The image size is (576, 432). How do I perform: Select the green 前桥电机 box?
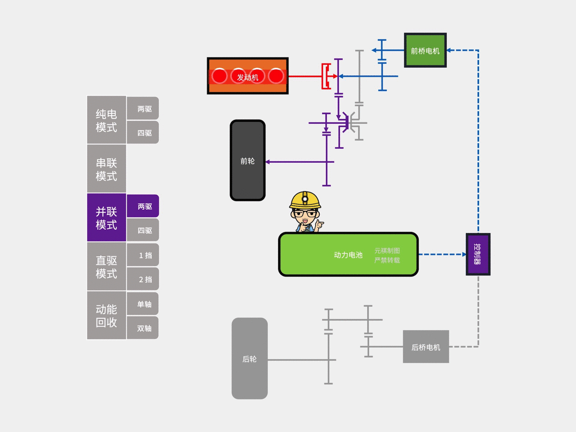point(425,50)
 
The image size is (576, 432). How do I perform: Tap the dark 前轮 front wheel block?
point(248,161)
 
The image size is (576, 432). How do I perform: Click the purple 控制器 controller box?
point(478,254)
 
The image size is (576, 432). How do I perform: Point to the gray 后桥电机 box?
point(426,347)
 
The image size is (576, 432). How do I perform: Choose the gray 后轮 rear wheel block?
point(250,359)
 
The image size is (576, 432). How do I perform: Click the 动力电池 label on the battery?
point(348,255)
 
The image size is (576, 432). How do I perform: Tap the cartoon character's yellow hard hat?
point(305,199)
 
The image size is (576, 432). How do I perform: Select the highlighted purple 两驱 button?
point(143,206)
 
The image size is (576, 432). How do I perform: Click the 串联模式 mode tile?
point(107,169)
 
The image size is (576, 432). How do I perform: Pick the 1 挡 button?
point(143,255)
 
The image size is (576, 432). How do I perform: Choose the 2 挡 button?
point(143,279)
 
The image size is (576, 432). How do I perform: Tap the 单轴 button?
point(143,304)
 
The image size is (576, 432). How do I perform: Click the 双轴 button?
point(143,328)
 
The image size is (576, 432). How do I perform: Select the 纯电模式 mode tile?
point(107,120)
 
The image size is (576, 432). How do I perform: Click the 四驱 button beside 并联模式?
point(143,230)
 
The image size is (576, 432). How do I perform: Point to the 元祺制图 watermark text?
point(387,251)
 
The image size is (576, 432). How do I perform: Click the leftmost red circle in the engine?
point(220,76)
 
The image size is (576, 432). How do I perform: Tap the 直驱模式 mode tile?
point(107,267)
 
